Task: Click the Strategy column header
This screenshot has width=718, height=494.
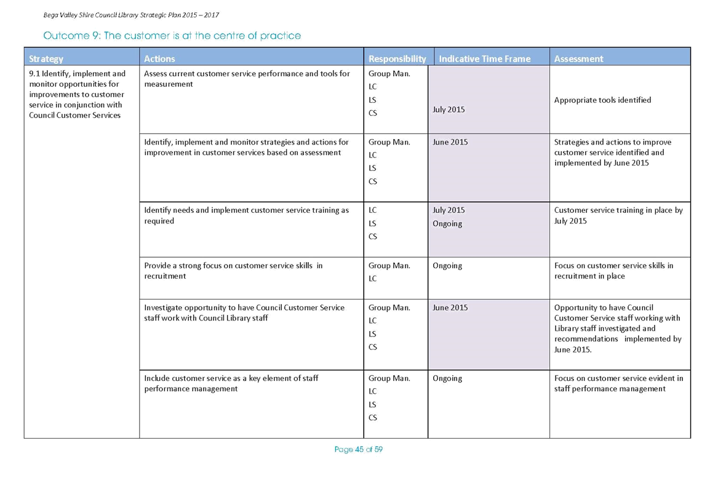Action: coord(46,58)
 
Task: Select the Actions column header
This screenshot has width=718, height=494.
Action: coord(159,58)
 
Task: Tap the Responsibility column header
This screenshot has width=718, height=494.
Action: coord(397,58)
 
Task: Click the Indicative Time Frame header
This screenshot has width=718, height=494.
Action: coord(484,58)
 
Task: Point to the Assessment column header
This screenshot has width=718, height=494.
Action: coord(578,58)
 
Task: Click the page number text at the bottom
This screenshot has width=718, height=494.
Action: coord(359,450)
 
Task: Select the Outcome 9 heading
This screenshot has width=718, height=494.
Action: coord(172,36)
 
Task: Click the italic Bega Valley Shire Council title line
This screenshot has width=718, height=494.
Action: coord(131,15)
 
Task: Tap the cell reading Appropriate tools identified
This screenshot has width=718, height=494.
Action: coord(602,100)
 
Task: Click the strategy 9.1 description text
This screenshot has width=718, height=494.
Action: coord(77,94)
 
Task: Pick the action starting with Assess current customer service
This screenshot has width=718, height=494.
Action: coord(247,79)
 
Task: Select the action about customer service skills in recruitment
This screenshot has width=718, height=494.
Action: coord(233,271)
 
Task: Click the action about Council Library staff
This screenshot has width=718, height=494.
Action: coord(244,313)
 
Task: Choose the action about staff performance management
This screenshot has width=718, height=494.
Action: coord(231,383)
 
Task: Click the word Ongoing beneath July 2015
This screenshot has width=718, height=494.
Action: coord(447,223)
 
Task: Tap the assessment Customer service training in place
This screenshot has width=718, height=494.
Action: coord(618,215)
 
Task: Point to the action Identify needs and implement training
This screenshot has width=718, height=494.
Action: coord(246,215)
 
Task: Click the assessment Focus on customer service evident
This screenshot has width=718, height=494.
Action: coord(618,383)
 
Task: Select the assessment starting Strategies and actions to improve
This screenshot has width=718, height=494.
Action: coord(613,153)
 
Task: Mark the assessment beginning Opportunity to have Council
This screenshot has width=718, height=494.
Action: coord(618,329)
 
